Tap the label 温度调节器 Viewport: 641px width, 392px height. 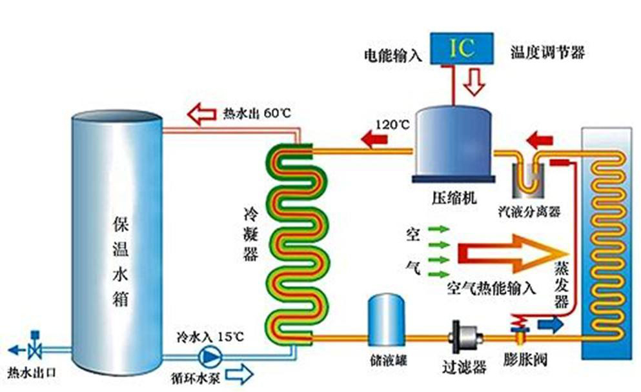tap(547, 53)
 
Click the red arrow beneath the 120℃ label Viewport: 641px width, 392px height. tap(375, 138)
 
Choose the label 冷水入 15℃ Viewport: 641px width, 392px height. tap(211, 337)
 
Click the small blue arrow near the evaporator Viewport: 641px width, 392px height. tap(552, 326)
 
